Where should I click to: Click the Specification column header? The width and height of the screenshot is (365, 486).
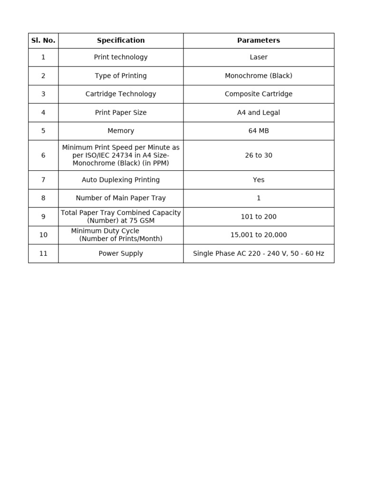point(121,41)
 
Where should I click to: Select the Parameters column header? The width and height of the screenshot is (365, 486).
point(259,41)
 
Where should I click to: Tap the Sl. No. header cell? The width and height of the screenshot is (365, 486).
point(43,41)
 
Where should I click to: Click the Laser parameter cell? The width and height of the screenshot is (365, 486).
point(259,57)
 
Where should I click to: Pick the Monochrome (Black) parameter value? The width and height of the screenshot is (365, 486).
point(259,76)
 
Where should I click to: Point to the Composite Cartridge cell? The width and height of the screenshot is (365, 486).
point(259,94)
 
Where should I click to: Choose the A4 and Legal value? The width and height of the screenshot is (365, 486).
point(259,112)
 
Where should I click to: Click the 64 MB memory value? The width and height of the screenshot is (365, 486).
point(259,131)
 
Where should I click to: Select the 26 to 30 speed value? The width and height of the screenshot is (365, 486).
point(259,156)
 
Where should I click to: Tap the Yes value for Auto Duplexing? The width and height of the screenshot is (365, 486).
point(259,180)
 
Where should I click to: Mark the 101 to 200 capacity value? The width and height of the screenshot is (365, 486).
point(259,217)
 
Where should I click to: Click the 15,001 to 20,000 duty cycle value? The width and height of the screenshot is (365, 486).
point(259,235)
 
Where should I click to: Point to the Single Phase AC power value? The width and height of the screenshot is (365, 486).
point(259,253)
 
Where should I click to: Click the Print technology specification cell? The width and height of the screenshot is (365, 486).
point(121,57)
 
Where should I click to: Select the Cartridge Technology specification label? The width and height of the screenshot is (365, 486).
point(121,94)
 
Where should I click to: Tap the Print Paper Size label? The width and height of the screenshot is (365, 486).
point(121,112)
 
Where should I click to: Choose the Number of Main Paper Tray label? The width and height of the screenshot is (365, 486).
point(121,198)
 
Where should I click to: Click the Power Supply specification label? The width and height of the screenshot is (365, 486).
point(121,253)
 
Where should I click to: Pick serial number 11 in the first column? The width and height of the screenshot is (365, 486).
point(43,253)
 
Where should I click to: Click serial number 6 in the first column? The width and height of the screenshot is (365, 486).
point(43,156)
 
